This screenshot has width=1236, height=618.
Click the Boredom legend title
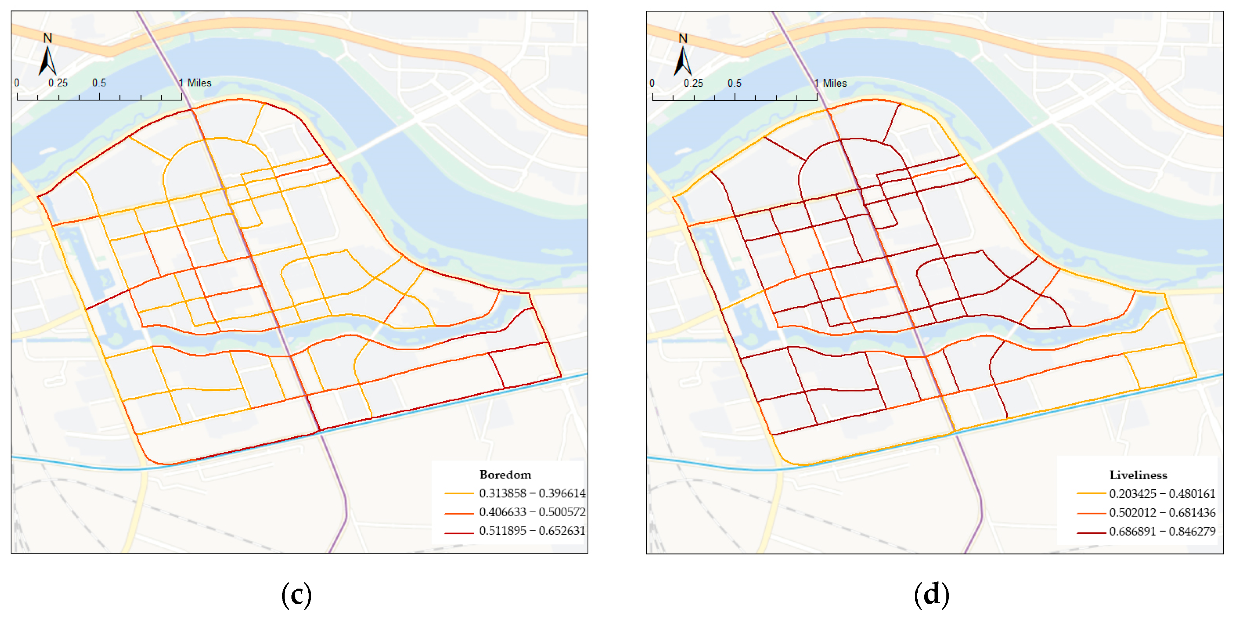point(505,475)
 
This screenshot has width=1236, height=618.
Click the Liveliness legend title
point(1138,475)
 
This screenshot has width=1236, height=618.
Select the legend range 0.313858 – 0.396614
point(532,493)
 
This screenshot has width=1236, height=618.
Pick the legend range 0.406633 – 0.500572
point(532,512)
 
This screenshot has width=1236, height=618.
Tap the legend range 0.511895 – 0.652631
point(532,531)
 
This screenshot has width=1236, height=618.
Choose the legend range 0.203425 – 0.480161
point(1162,493)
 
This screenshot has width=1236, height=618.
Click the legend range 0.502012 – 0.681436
point(1162,513)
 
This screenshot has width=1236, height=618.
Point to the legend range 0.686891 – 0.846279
point(1162,531)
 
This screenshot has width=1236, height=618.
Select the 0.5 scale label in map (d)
point(734,83)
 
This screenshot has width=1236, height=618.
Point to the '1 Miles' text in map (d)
point(831,83)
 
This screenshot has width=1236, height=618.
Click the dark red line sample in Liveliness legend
point(1091,532)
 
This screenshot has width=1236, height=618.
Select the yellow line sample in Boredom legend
point(459,493)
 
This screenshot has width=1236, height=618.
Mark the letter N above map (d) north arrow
point(683,38)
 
